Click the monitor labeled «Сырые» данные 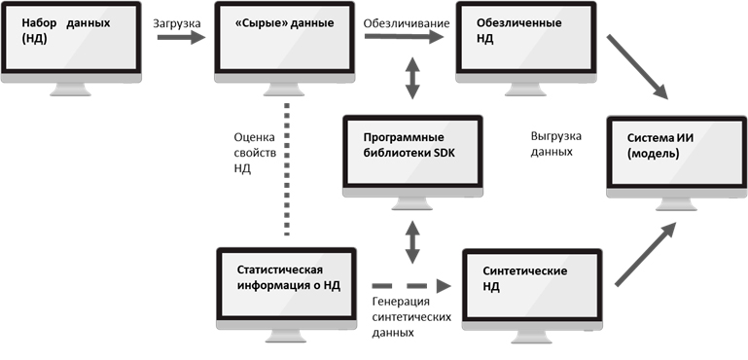click(x=283, y=44)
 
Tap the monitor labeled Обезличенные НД click(x=526, y=44)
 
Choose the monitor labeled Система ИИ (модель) click(x=676, y=156)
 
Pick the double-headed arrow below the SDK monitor click(x=413, y=239)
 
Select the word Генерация click(x=402, y=300)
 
